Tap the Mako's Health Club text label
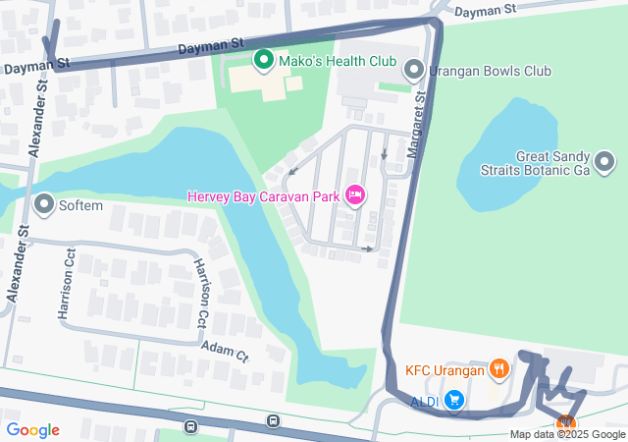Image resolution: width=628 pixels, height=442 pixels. pos(336,62)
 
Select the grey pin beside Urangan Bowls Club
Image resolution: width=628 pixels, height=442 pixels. pos(415,71)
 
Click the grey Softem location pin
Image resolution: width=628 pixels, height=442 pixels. pos(44,204)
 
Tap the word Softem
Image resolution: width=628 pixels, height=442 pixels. pos(83,205)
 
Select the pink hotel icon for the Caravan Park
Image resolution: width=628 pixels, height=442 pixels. pos(356,196)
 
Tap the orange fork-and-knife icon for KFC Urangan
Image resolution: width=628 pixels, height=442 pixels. pos(499,370)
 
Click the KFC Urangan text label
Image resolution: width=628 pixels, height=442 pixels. pos(445,371)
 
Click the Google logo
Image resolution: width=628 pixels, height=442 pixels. pos(32,430)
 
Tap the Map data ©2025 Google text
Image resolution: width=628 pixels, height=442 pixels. pos(566,435)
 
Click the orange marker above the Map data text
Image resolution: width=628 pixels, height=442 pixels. pos(566,423)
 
